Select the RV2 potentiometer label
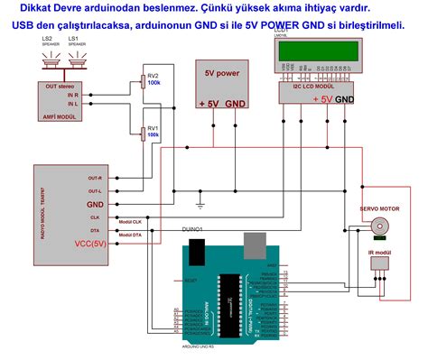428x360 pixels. [154, 76]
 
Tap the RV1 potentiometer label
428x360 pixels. [154, 127]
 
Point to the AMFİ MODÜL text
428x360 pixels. [51, 117]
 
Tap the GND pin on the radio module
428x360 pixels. [95, 205]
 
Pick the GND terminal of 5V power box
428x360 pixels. [237, 104]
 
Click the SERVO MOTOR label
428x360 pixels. [379, 208]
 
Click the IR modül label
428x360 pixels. [378, 252]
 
